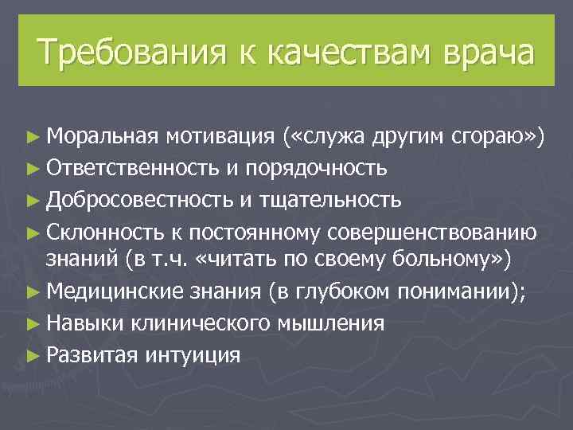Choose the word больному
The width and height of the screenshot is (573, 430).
[x=423, y=260]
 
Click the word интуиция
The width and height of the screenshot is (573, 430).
[x=193, y=354]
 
